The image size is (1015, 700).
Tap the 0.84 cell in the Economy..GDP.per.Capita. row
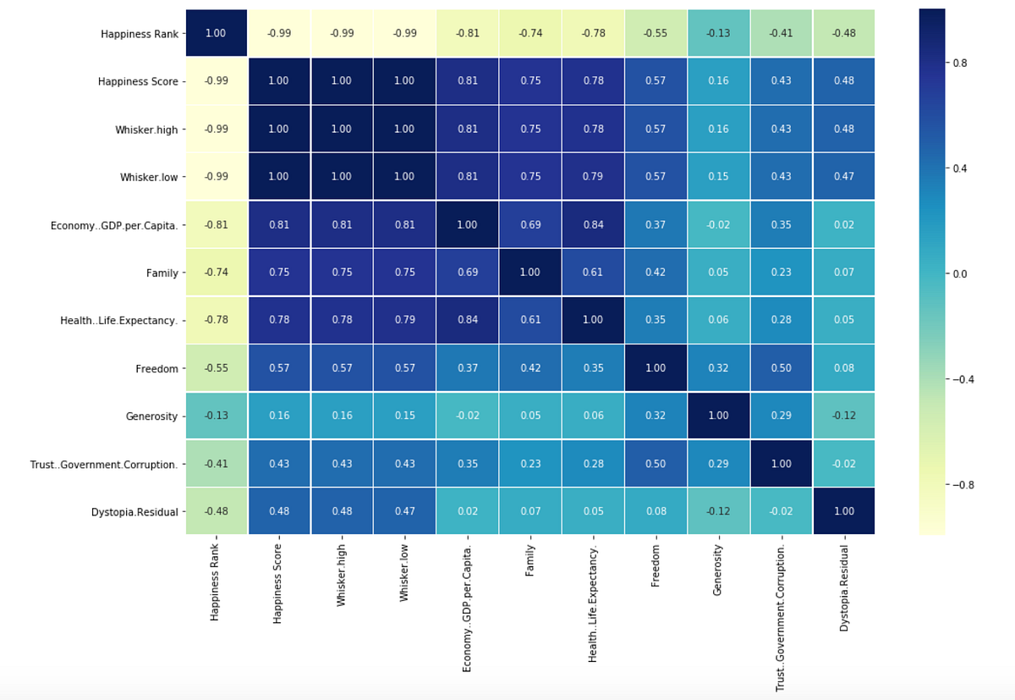tap(593, 224)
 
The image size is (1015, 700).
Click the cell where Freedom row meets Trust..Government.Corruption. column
tap(781, 367)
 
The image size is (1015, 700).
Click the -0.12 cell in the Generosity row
tap(843, 416)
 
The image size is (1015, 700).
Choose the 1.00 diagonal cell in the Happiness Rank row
tap(216, 33)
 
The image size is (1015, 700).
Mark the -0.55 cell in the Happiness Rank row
tap(655, 33)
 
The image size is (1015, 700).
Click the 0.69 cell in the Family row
tap(467, 273)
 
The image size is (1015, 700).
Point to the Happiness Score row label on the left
tap(140, 81)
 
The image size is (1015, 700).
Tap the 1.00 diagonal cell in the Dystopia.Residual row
tap(843, 511)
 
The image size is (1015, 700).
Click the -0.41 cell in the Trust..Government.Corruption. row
tap(216, 463)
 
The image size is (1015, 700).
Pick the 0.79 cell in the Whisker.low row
tap(593, 177)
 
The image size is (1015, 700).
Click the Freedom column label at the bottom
tap(655, 566)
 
